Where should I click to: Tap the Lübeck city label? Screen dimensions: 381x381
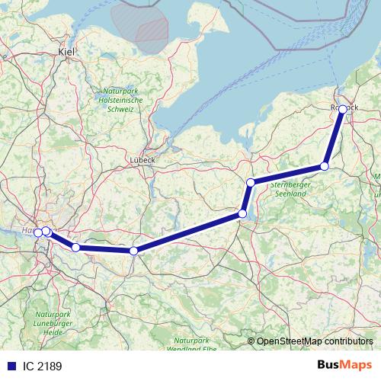[142, 160]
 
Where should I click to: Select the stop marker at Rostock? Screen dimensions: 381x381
[343, 110]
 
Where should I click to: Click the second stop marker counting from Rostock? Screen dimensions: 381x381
[325, 166]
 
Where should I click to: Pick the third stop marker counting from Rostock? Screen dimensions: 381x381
[251, 182]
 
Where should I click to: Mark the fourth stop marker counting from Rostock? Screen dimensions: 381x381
[242, 214]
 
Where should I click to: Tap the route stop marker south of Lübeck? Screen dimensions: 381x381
[133, 251]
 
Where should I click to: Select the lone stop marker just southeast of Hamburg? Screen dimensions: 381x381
[75, 248]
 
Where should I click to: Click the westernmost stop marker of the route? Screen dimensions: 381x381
[37, 232]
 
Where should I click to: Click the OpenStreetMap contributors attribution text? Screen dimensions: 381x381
[315, 341]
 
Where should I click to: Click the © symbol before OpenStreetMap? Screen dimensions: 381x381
[251, 341]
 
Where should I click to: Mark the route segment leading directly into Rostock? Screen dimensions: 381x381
[335, 137]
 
